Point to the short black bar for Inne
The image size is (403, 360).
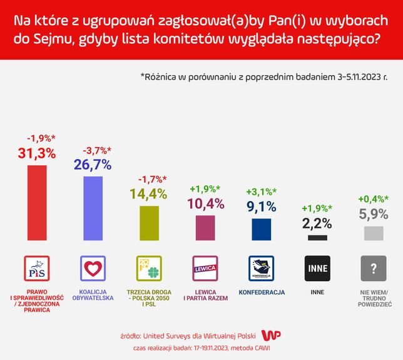click(317, 238)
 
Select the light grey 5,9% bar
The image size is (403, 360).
click(373, 234)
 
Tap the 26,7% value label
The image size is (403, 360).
click(93, 165)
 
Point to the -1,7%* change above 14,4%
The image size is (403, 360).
click(150, 178)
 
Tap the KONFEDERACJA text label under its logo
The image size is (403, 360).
click(262, 292)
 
